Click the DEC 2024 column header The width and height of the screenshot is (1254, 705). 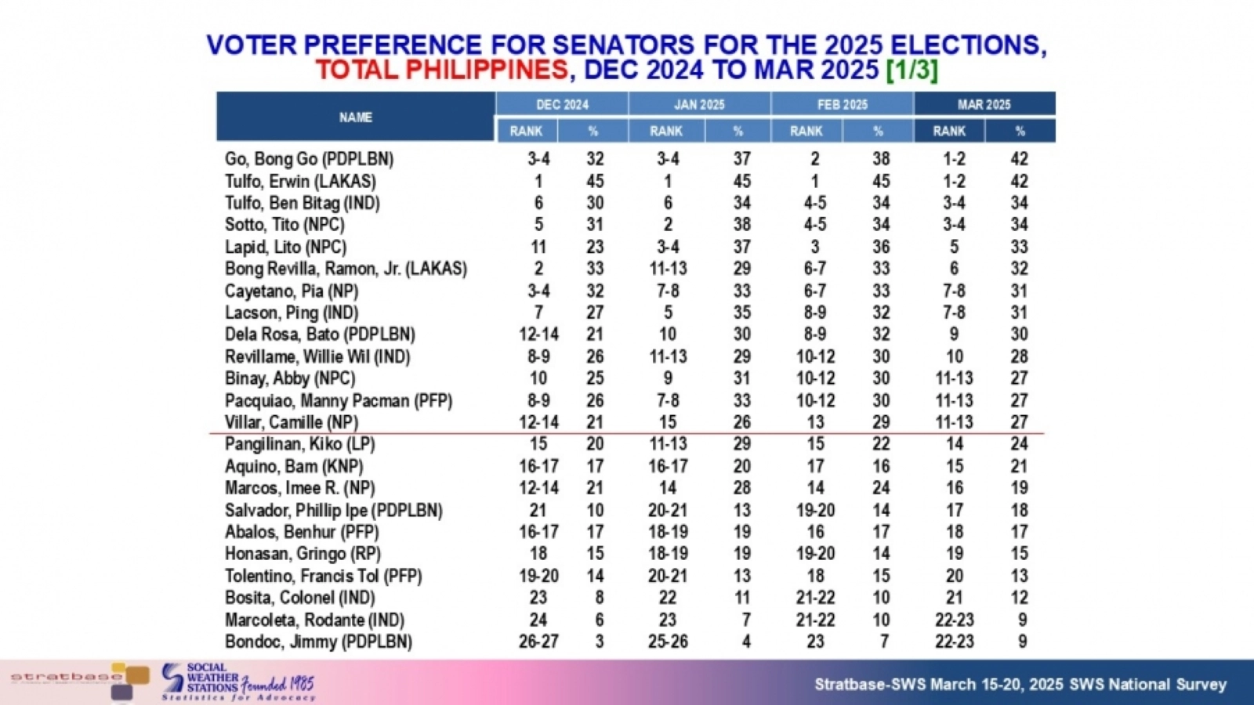pos(562,104)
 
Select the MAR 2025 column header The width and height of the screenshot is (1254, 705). pos(984,104)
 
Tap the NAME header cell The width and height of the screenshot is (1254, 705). pos(355,117)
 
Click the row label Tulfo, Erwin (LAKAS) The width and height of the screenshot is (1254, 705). pos(300,181)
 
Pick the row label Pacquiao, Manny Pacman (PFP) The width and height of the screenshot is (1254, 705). pos(339,400)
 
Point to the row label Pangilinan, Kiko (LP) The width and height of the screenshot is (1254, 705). pos(299,444)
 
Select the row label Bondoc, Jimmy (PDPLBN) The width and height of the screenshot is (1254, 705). pos(318,642)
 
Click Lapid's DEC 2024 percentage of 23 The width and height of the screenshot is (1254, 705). pos(595,247)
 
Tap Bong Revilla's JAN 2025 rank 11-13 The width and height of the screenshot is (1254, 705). pos(668,269)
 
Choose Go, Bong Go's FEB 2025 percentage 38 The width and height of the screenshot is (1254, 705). pos(881,159)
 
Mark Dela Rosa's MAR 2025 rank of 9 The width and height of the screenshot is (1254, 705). pos(954,334)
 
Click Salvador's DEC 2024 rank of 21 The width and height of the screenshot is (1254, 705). pos(538,510)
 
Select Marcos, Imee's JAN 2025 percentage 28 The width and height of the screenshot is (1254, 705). pos(741,488)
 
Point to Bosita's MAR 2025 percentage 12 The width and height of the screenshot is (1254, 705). pos(1019,598)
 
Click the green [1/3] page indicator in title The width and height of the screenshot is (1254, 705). pos(912,70)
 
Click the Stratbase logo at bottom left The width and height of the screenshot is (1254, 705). pos(78,678)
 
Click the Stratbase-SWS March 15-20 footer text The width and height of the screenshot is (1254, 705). pos(1020,685)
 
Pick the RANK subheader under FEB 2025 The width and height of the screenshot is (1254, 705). pos(806,131)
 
